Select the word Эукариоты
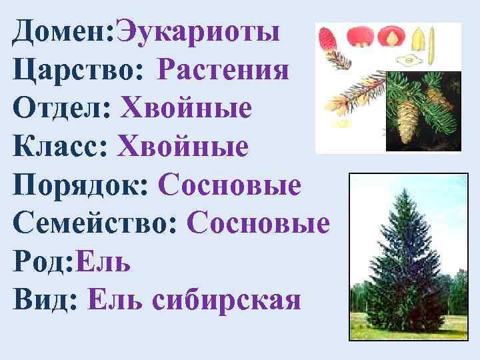[x=198, y=31]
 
